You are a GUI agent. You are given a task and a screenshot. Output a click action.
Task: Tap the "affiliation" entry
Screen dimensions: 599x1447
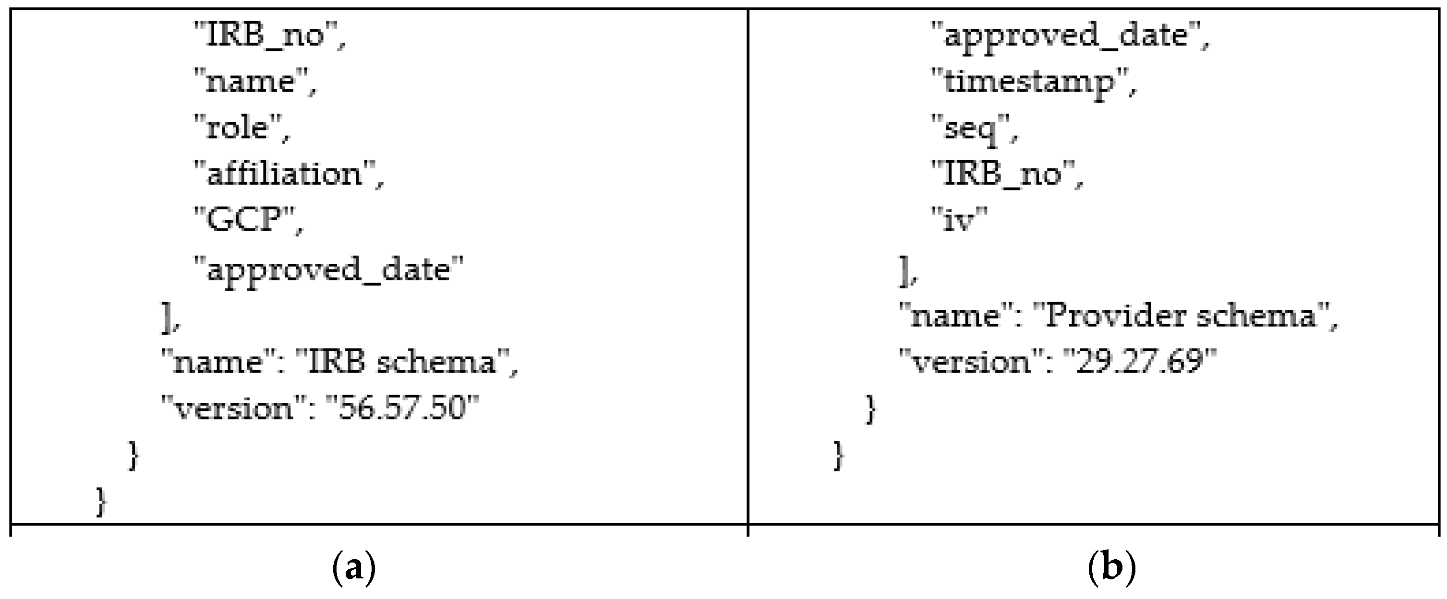pyautogui.click(x=285, y=175)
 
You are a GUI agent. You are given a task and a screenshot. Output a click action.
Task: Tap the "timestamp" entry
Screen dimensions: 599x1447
pyautogui.click(x=1030, y=83)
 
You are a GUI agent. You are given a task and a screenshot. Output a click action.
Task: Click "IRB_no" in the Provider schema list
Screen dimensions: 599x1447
pyautogui.click(x=1003, y=175)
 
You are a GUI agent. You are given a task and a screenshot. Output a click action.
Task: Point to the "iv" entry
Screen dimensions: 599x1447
pyautogui.click(x=958, y=220)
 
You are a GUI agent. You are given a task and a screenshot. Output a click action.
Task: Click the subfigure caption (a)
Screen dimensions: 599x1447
pyautogui.click(x=354, y=569)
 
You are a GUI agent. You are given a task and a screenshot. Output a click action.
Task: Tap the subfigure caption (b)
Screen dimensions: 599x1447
pyautogui.click(x=1111, y=569)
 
